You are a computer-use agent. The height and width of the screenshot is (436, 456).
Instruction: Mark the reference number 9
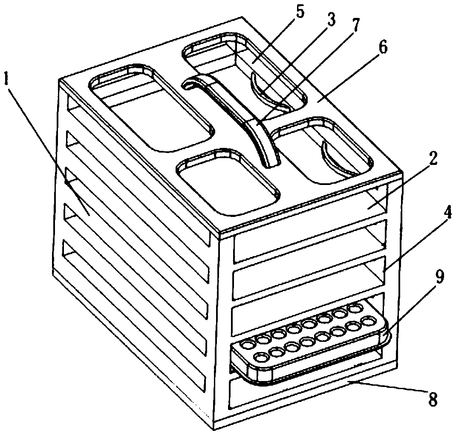[439, 278]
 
